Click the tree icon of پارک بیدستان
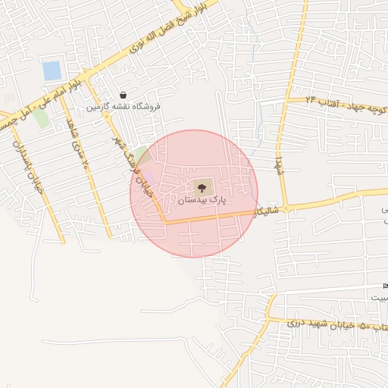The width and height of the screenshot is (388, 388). [202, 186]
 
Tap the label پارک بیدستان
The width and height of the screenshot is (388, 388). [202, 201]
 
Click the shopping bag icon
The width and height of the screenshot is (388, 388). [123, 95]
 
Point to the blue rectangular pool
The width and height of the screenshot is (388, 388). [52, 71]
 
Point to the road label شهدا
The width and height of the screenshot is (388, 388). [279, 162]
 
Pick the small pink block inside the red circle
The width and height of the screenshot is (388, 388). [150, 176]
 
